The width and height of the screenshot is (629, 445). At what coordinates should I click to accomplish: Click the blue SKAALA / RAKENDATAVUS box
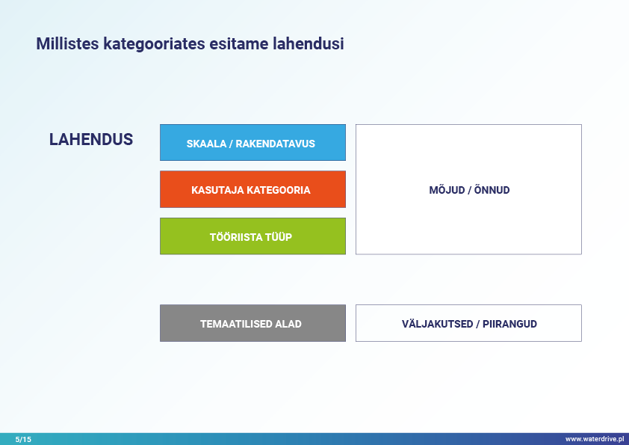[252, 143]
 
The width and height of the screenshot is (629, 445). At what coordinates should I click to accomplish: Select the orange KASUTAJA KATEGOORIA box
[252, 189]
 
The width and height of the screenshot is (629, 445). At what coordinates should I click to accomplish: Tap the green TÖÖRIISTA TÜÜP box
[252, 236]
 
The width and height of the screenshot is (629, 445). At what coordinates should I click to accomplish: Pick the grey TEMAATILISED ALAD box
[252, 323]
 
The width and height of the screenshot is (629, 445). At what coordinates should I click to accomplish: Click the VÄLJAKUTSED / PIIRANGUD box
[468, 323]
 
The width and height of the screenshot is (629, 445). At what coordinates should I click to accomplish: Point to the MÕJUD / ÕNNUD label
[469, 190]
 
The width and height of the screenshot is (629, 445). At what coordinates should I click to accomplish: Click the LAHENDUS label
[91, 139]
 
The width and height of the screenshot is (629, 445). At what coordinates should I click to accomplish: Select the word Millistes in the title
[67, 43]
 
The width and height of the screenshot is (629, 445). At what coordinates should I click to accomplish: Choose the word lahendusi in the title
[308, 43]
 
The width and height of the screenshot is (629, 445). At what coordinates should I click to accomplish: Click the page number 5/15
[23, 439]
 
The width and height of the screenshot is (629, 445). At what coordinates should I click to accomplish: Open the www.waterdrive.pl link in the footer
[595, 439]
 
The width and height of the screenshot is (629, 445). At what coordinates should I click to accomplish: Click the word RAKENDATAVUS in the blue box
[275, 144]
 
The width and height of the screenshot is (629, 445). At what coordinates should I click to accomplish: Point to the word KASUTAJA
[217, 190]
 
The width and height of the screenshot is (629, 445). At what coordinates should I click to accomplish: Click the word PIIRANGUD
[509, 324]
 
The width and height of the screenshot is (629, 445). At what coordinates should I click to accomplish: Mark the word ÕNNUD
[492, 190]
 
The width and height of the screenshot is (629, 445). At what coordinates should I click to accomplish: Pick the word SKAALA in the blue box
[206, 144]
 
